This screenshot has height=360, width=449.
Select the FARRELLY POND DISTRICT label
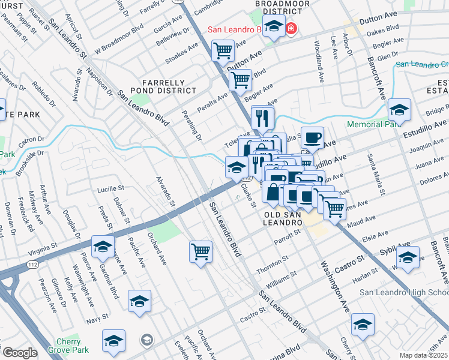coord(169,86)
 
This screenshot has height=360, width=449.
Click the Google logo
coord(20,352)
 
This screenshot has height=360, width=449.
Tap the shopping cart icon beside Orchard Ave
coord(200,250)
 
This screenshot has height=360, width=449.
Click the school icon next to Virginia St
coord(103,246)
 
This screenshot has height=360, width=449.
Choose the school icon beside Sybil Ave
coord(408,257)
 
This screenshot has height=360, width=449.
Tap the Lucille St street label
coord(111,188)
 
